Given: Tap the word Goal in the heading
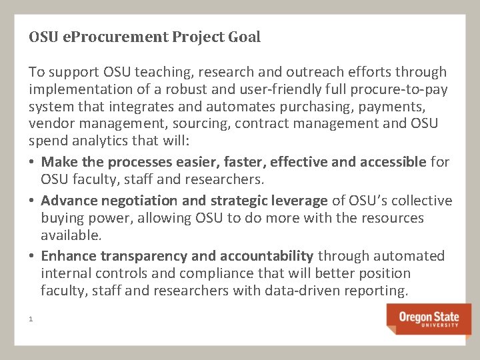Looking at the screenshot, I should point(243,37).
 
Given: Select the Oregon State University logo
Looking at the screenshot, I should point(429,319).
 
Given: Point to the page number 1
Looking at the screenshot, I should point(31,319).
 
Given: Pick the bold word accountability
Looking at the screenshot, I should point(273,256).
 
